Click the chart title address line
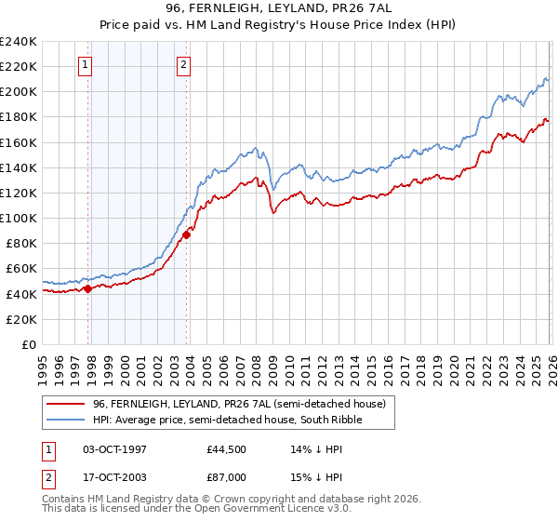point(278,8)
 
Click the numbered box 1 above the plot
point(86,64)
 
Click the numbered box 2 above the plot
point(184,64)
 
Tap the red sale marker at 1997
point(88,288)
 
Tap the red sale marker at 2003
point(187,234)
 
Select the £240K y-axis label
point(19,42)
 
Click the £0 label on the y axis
point(28,344)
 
